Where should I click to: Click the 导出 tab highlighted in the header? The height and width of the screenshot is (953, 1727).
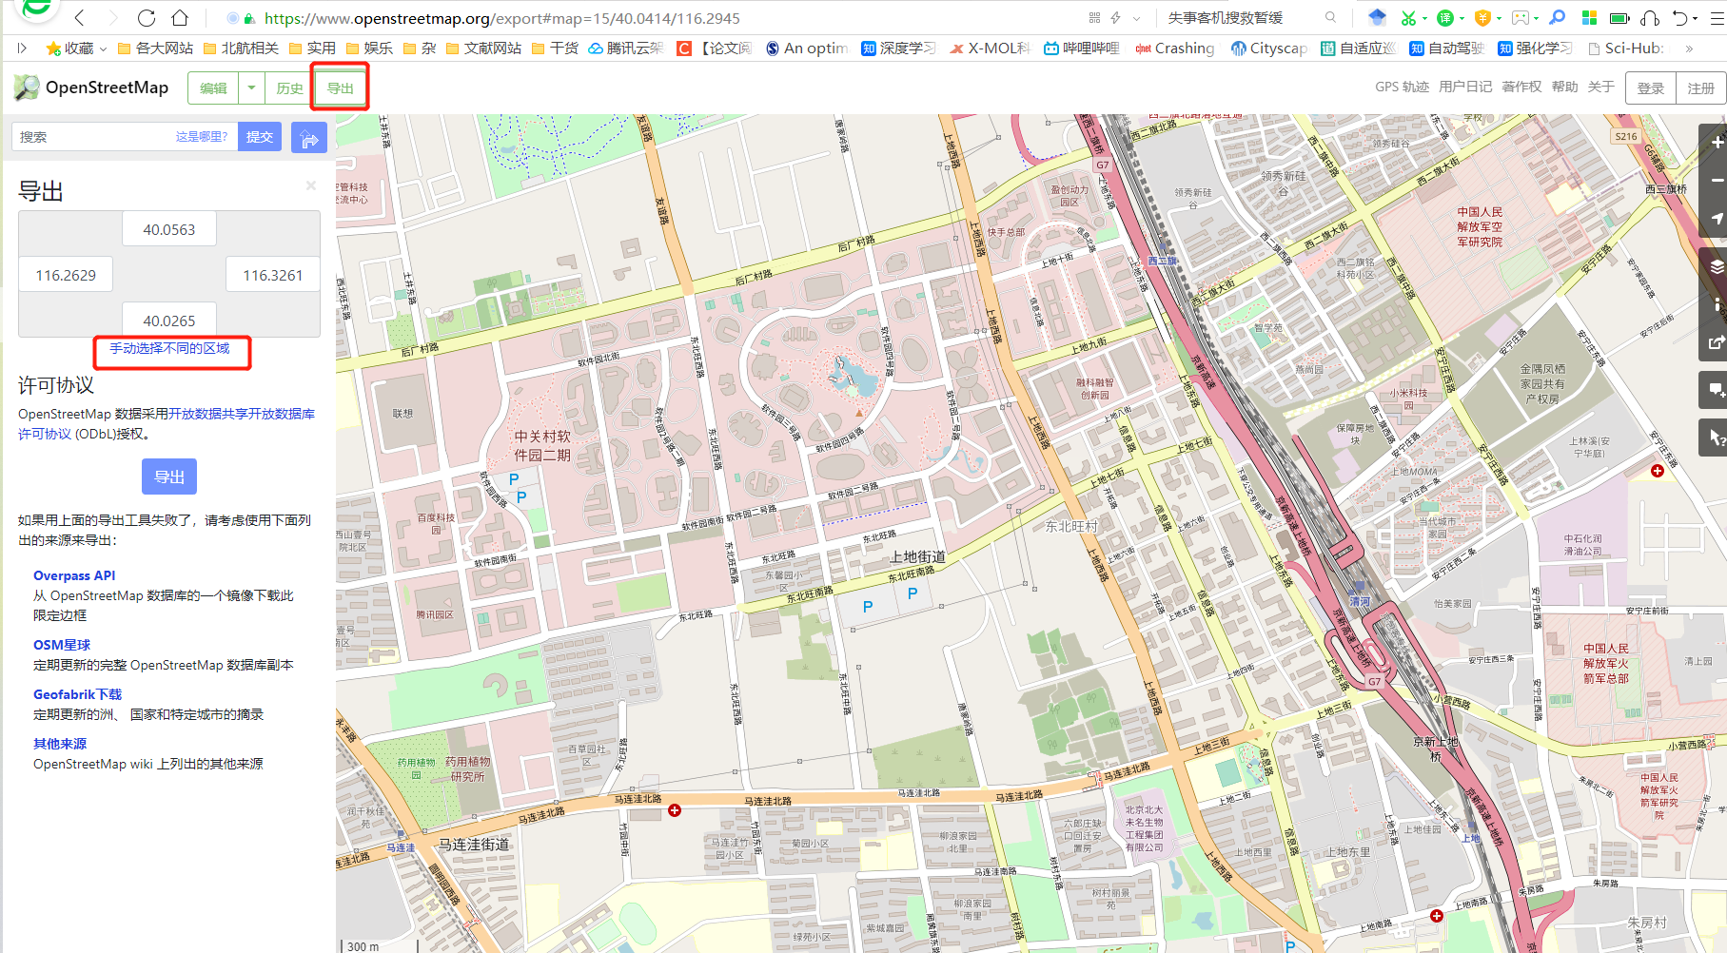pos(340,88)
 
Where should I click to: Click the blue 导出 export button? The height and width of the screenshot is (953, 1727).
pos(169,476)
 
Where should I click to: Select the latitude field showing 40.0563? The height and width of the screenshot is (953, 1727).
pos(169,230)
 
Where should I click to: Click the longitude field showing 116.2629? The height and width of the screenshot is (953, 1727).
pos(66,276)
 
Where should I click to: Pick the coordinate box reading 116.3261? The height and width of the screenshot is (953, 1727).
pos(272,276)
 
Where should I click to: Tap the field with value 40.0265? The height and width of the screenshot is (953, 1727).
pos(169,321)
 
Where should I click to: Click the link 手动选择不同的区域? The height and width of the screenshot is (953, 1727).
pos(169,349)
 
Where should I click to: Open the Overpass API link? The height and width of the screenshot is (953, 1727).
pos(74,576)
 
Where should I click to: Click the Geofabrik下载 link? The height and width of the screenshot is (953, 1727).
pos(78,695)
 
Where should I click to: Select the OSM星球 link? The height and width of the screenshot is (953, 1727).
pos(62,646)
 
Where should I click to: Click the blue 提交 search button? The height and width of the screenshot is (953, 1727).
pos(260,137)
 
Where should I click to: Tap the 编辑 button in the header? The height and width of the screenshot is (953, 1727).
pos(213,88)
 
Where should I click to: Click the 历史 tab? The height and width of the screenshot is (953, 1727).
pos(289,88)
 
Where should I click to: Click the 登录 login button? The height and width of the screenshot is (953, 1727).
pos(1650,88)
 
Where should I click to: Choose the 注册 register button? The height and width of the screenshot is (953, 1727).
pos(1700,88)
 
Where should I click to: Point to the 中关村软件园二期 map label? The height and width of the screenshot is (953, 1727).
pos(542,445)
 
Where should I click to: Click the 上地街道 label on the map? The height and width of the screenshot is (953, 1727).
pos(918,557)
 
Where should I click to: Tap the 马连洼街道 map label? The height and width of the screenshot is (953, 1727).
pos(474,845)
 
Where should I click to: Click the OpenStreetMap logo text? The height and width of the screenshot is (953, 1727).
pos(107,88)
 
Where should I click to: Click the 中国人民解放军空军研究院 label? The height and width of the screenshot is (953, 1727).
pos(1480,227)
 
